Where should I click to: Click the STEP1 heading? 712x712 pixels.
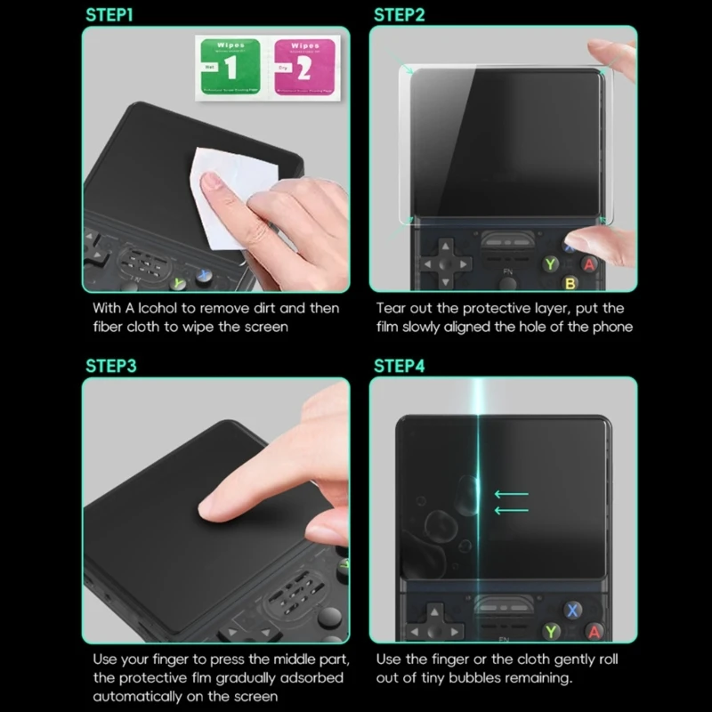(111, 14)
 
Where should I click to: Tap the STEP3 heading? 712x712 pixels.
(111, 365)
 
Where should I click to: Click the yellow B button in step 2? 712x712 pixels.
(570, 283)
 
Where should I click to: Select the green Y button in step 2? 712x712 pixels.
(551, 263)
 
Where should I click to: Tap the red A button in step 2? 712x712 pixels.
(588, 263)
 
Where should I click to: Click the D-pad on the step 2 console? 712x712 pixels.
(446, 264)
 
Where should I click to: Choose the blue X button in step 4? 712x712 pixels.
(573, 611)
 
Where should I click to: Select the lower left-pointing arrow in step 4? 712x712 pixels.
(511, 510)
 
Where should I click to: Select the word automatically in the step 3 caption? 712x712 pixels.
(134, 696)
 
